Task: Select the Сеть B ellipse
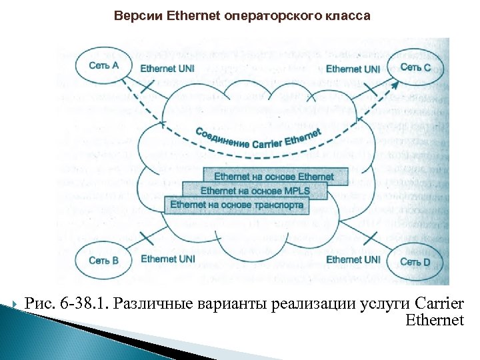(103, 260)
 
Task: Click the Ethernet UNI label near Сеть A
(167, 68)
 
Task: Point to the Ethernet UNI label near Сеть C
(353, 69)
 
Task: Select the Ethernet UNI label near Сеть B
(168, 259)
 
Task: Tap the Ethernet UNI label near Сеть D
(353, 259)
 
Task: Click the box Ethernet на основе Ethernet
(273, 177)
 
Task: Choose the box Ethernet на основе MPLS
(255, 191)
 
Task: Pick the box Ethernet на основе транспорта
(237, 205)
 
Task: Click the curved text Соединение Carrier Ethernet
(259, 139)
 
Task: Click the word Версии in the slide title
(137, 15)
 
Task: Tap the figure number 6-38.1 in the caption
(81, 305)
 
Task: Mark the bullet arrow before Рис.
(16, 305)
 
